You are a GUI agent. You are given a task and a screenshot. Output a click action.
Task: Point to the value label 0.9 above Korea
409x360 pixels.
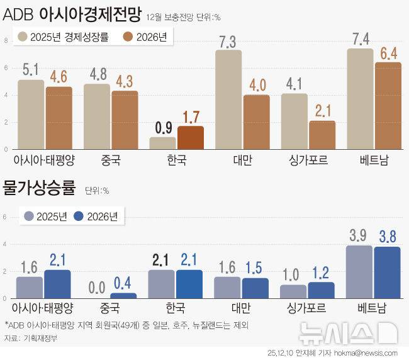tap(163, 128)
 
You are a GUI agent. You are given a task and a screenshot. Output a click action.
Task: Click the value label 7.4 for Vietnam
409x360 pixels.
tap(361, 39)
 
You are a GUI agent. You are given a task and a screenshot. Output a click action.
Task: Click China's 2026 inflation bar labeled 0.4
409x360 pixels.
tap(123, 295)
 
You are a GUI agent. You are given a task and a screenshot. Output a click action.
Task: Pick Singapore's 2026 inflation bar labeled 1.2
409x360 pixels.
tap(321, 290)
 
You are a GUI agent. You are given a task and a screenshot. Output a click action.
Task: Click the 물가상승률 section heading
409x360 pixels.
tap(39, 187)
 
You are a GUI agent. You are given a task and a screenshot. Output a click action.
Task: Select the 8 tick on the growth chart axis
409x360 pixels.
tap(6, 41)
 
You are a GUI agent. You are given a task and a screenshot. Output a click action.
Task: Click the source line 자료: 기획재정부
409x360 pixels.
tap(31, 338)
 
